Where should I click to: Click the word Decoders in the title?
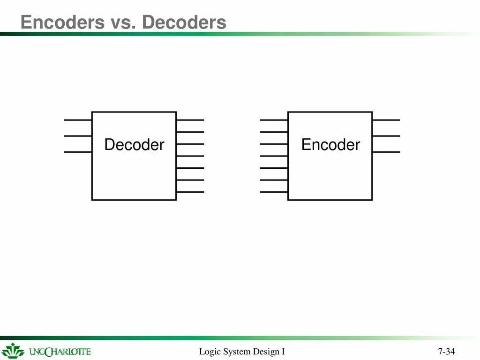(x=184, y=22)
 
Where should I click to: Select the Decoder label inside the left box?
(x=134, y=145)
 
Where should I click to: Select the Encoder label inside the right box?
(x=330, y=144)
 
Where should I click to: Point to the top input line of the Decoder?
(x=78, y=120)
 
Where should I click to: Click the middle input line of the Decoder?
(x=78, y=136)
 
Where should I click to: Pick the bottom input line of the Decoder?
(x=78, y=152)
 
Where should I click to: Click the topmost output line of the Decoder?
(x=190, y=120)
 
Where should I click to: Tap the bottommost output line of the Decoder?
(x=190, y=192)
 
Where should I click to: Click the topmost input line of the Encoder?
(x=274, y=120)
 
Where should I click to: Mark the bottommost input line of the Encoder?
(x=274, y=192)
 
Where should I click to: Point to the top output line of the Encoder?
(x=386, y=120)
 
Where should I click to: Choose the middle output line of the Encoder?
(x=386, y=136)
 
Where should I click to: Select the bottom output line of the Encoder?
(x=386, y=152)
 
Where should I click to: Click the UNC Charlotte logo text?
(x=60, y=352)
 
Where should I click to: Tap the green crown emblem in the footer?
(x=13, y=351)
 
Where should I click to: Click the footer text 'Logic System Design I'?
(x=242, y=352)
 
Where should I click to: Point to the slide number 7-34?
(x=447, y=352)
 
